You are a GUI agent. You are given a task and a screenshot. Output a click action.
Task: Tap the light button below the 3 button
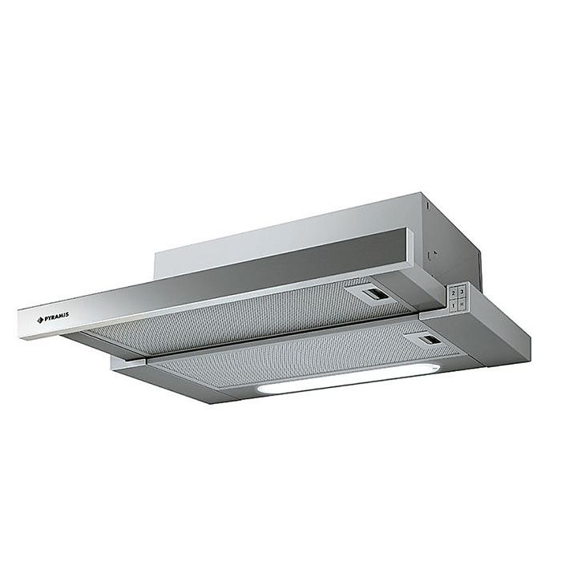point(462,305)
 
